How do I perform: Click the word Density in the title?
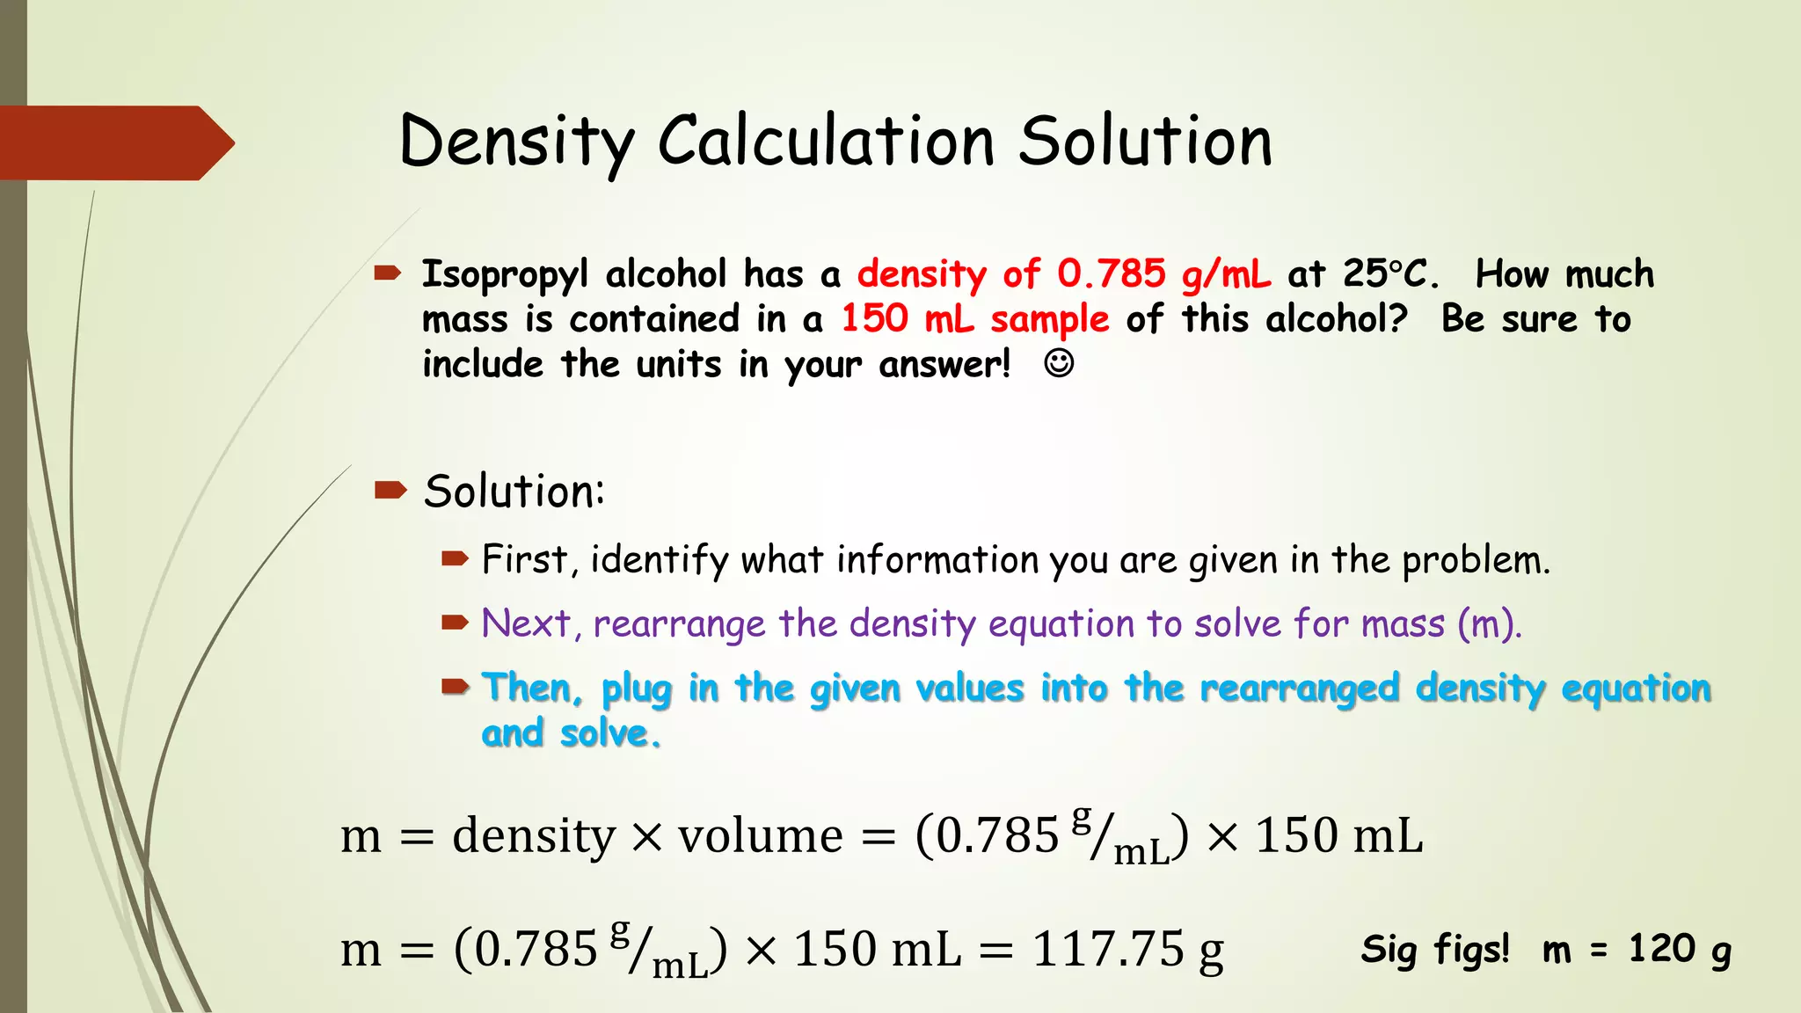[x=516, y=142]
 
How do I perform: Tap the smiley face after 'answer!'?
[x=1059, y=363]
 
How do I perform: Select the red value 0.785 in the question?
[x=1112, y=273]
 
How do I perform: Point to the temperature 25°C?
[x=1389, y=273]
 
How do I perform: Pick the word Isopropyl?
[x=505, y=274]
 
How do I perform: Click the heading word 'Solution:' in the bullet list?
[x=514, y=491]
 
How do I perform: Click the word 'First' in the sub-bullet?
[x=524, y=559]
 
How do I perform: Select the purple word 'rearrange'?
[x=679, y=624]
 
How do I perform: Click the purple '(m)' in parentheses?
[x=1488, y=623]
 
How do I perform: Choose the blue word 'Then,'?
[x=532, y=688]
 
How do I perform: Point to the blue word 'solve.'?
[x=610, y=733]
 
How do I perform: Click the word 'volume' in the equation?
[x=760, y=835]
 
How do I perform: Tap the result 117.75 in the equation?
[x=1107, y=950]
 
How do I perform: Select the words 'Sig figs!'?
[x=1435, y=950]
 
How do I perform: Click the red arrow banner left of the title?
[x=114, y=142]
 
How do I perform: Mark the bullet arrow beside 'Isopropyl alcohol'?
[x=388, y=273]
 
